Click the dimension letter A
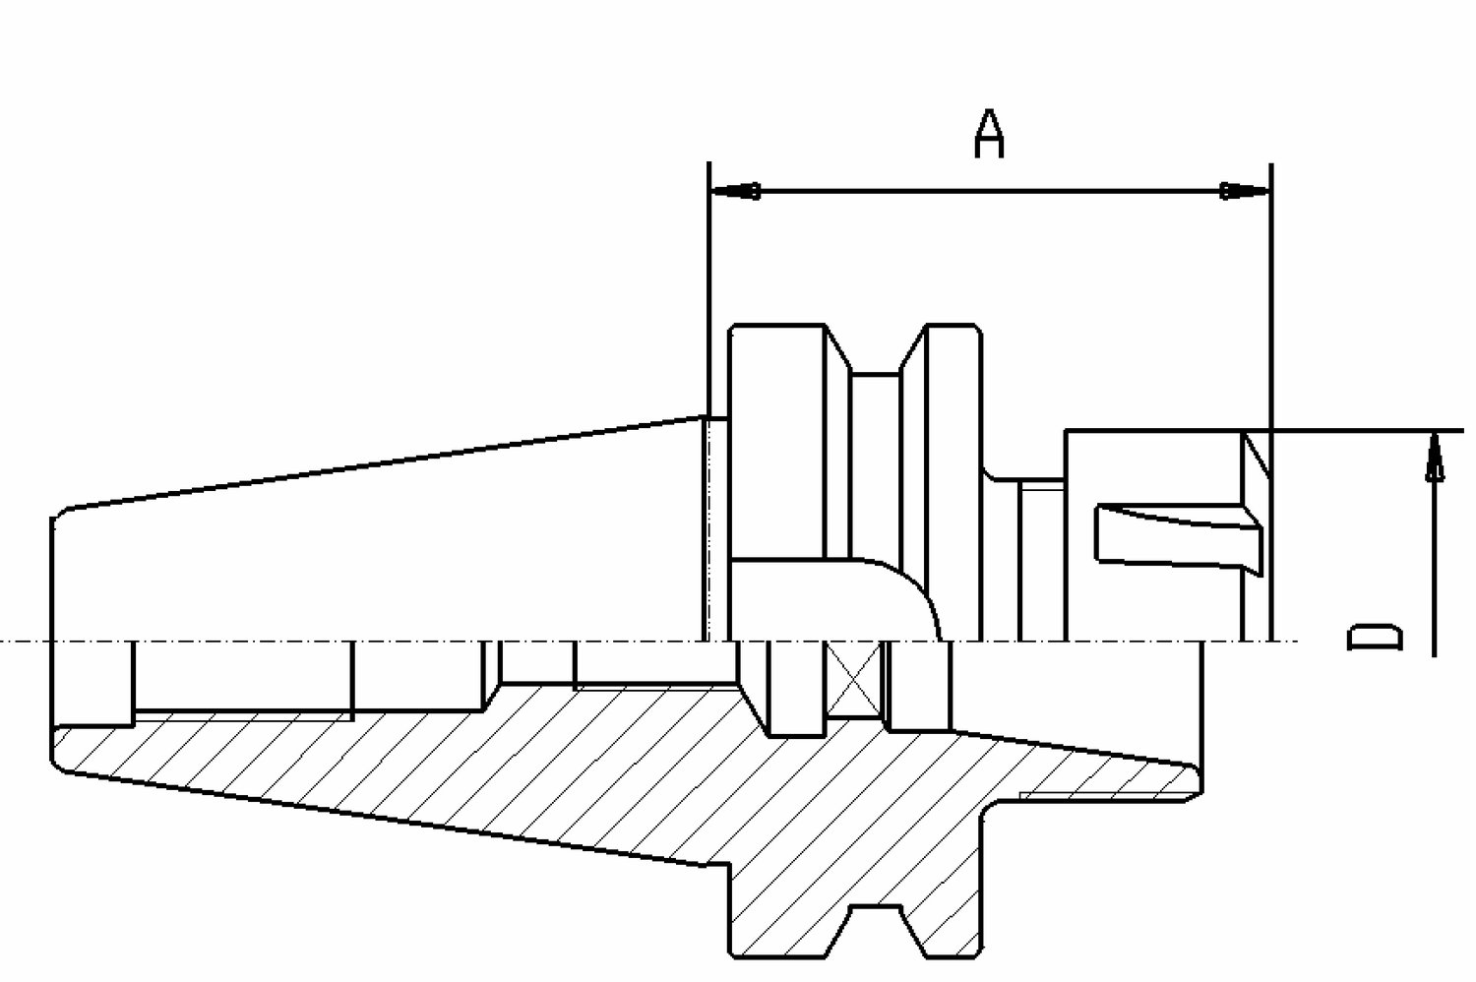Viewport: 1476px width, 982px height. tap(989, 134)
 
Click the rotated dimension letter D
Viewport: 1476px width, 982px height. tap(1374, 637)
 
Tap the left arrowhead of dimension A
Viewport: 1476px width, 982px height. tap(735, 192)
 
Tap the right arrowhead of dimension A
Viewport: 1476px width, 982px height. tap(1244, 192)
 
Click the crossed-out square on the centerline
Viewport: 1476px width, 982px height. tap(853, 679)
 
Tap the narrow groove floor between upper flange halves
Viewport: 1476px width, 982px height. tap(875, 374)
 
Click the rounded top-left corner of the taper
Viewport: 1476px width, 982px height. tap(61, 513)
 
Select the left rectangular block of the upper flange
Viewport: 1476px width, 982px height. tap(777, 442)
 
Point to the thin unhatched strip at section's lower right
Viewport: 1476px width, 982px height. tap(1107, 795)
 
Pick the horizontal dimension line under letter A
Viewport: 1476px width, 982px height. tap(990, 192)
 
